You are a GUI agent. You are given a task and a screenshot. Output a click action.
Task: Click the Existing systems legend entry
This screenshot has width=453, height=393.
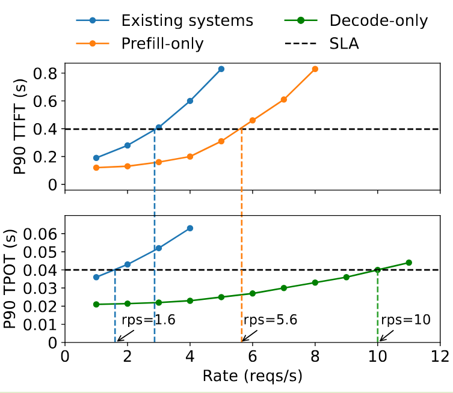pyautogui.click(x=187, y=20)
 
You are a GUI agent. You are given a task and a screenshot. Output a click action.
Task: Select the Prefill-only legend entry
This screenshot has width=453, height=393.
pyautogui.click(x=162, y=43)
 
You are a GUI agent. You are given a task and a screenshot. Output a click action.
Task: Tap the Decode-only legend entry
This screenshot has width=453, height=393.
pyautogui.click(x=378, y=20)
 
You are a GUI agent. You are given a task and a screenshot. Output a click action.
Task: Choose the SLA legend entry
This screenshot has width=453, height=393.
pyautogui.click(x=344, y=43)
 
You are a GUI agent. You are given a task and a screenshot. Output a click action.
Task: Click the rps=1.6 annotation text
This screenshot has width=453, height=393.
pyautogui.click(x=149, y=320)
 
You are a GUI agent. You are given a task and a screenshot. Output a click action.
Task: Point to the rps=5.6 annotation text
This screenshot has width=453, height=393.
pyautogui.click(x=271, y=320)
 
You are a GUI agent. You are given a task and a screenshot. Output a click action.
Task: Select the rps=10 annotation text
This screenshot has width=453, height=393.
pyautogui.click(x=405, y=320)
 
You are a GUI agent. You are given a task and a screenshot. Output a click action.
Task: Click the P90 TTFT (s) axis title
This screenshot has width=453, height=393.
pyautogui.click(x=20, y=129)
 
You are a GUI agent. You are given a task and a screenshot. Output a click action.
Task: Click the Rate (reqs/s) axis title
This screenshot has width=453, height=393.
pyautogui.click(x=252, y=376)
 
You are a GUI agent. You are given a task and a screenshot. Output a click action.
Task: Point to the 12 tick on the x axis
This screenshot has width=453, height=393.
pyautogui.click(x=440, y=355)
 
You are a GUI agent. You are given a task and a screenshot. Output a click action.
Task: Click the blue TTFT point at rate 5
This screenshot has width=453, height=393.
pyautogui.click(x=221, y=69)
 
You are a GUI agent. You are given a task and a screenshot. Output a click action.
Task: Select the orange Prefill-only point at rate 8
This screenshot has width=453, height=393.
pyautogui.click(x=315, y=69)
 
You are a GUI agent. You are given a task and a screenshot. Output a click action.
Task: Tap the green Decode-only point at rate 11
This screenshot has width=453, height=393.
pyautogui.click(x=408, y=263)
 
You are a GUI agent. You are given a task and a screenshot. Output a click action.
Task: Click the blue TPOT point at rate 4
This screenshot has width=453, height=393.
pyautogui.click(x=190, y=228)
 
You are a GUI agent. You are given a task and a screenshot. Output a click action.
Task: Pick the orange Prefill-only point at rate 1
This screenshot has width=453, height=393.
pyautogui.click(x=96, y=168)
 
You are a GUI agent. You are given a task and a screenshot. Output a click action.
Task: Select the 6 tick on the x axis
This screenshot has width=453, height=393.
pyautogui.click(x=253, y=355)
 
